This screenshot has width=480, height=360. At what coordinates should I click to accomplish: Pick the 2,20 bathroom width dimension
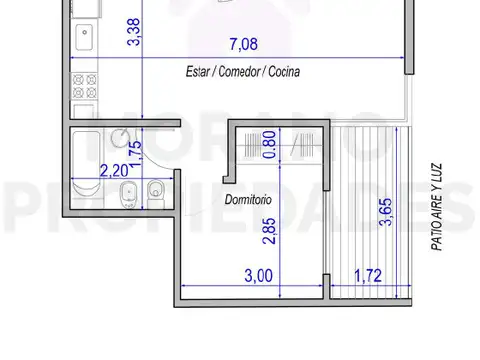[113, 171]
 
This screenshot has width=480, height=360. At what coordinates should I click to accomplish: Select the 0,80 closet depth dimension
[269, 147]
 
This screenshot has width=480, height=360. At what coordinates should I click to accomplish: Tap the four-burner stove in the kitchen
[82, 86]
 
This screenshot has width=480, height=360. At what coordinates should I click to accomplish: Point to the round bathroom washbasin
[120, 140]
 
